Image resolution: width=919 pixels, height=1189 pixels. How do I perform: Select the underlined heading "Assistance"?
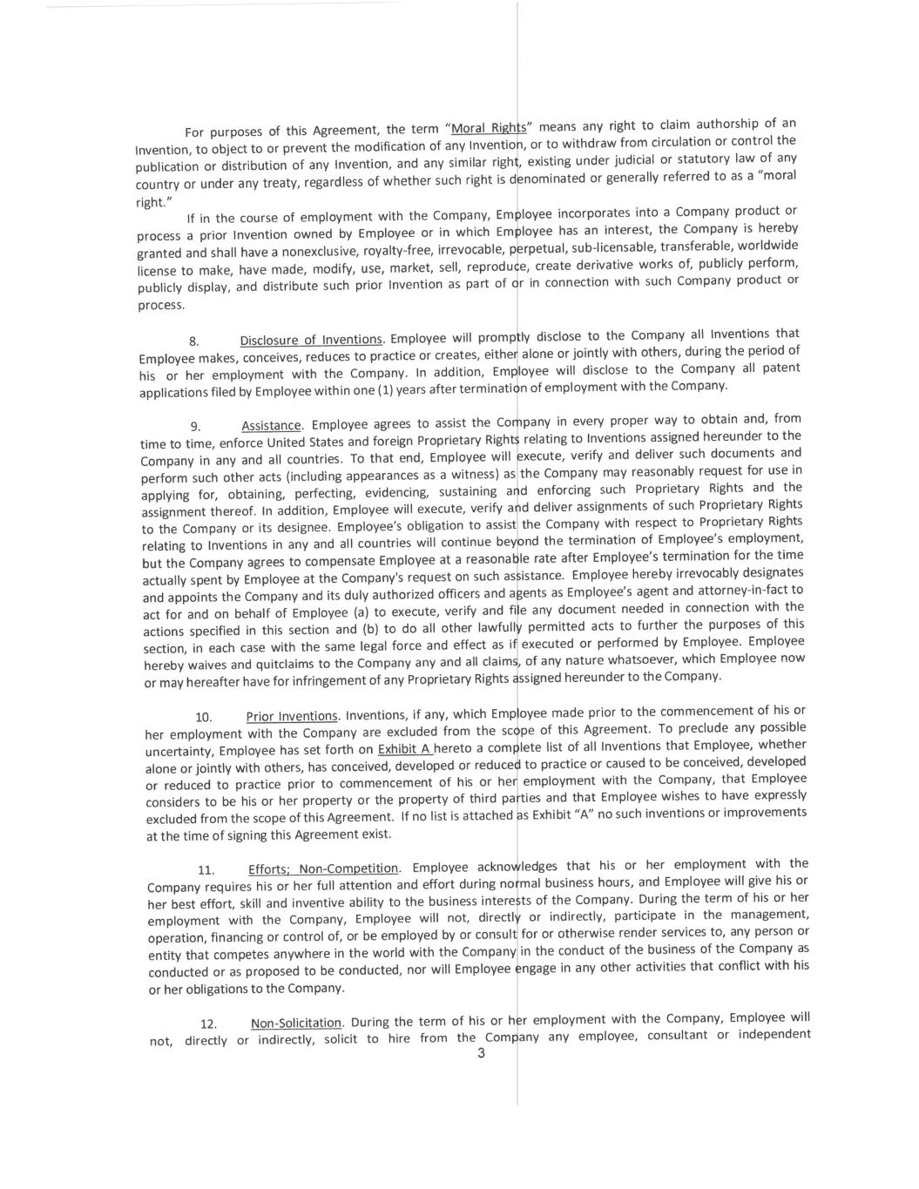click(272, 426)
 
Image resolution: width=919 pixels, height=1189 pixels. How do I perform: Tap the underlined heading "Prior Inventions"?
click(292, 716)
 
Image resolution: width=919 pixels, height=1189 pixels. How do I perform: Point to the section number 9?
click(196, 427)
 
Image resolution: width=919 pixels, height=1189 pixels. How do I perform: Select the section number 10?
click(204, 718)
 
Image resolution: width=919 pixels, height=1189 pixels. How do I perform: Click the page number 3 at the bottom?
click(480, 1054)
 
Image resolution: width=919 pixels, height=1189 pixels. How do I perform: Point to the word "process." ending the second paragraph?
click(161, 306)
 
